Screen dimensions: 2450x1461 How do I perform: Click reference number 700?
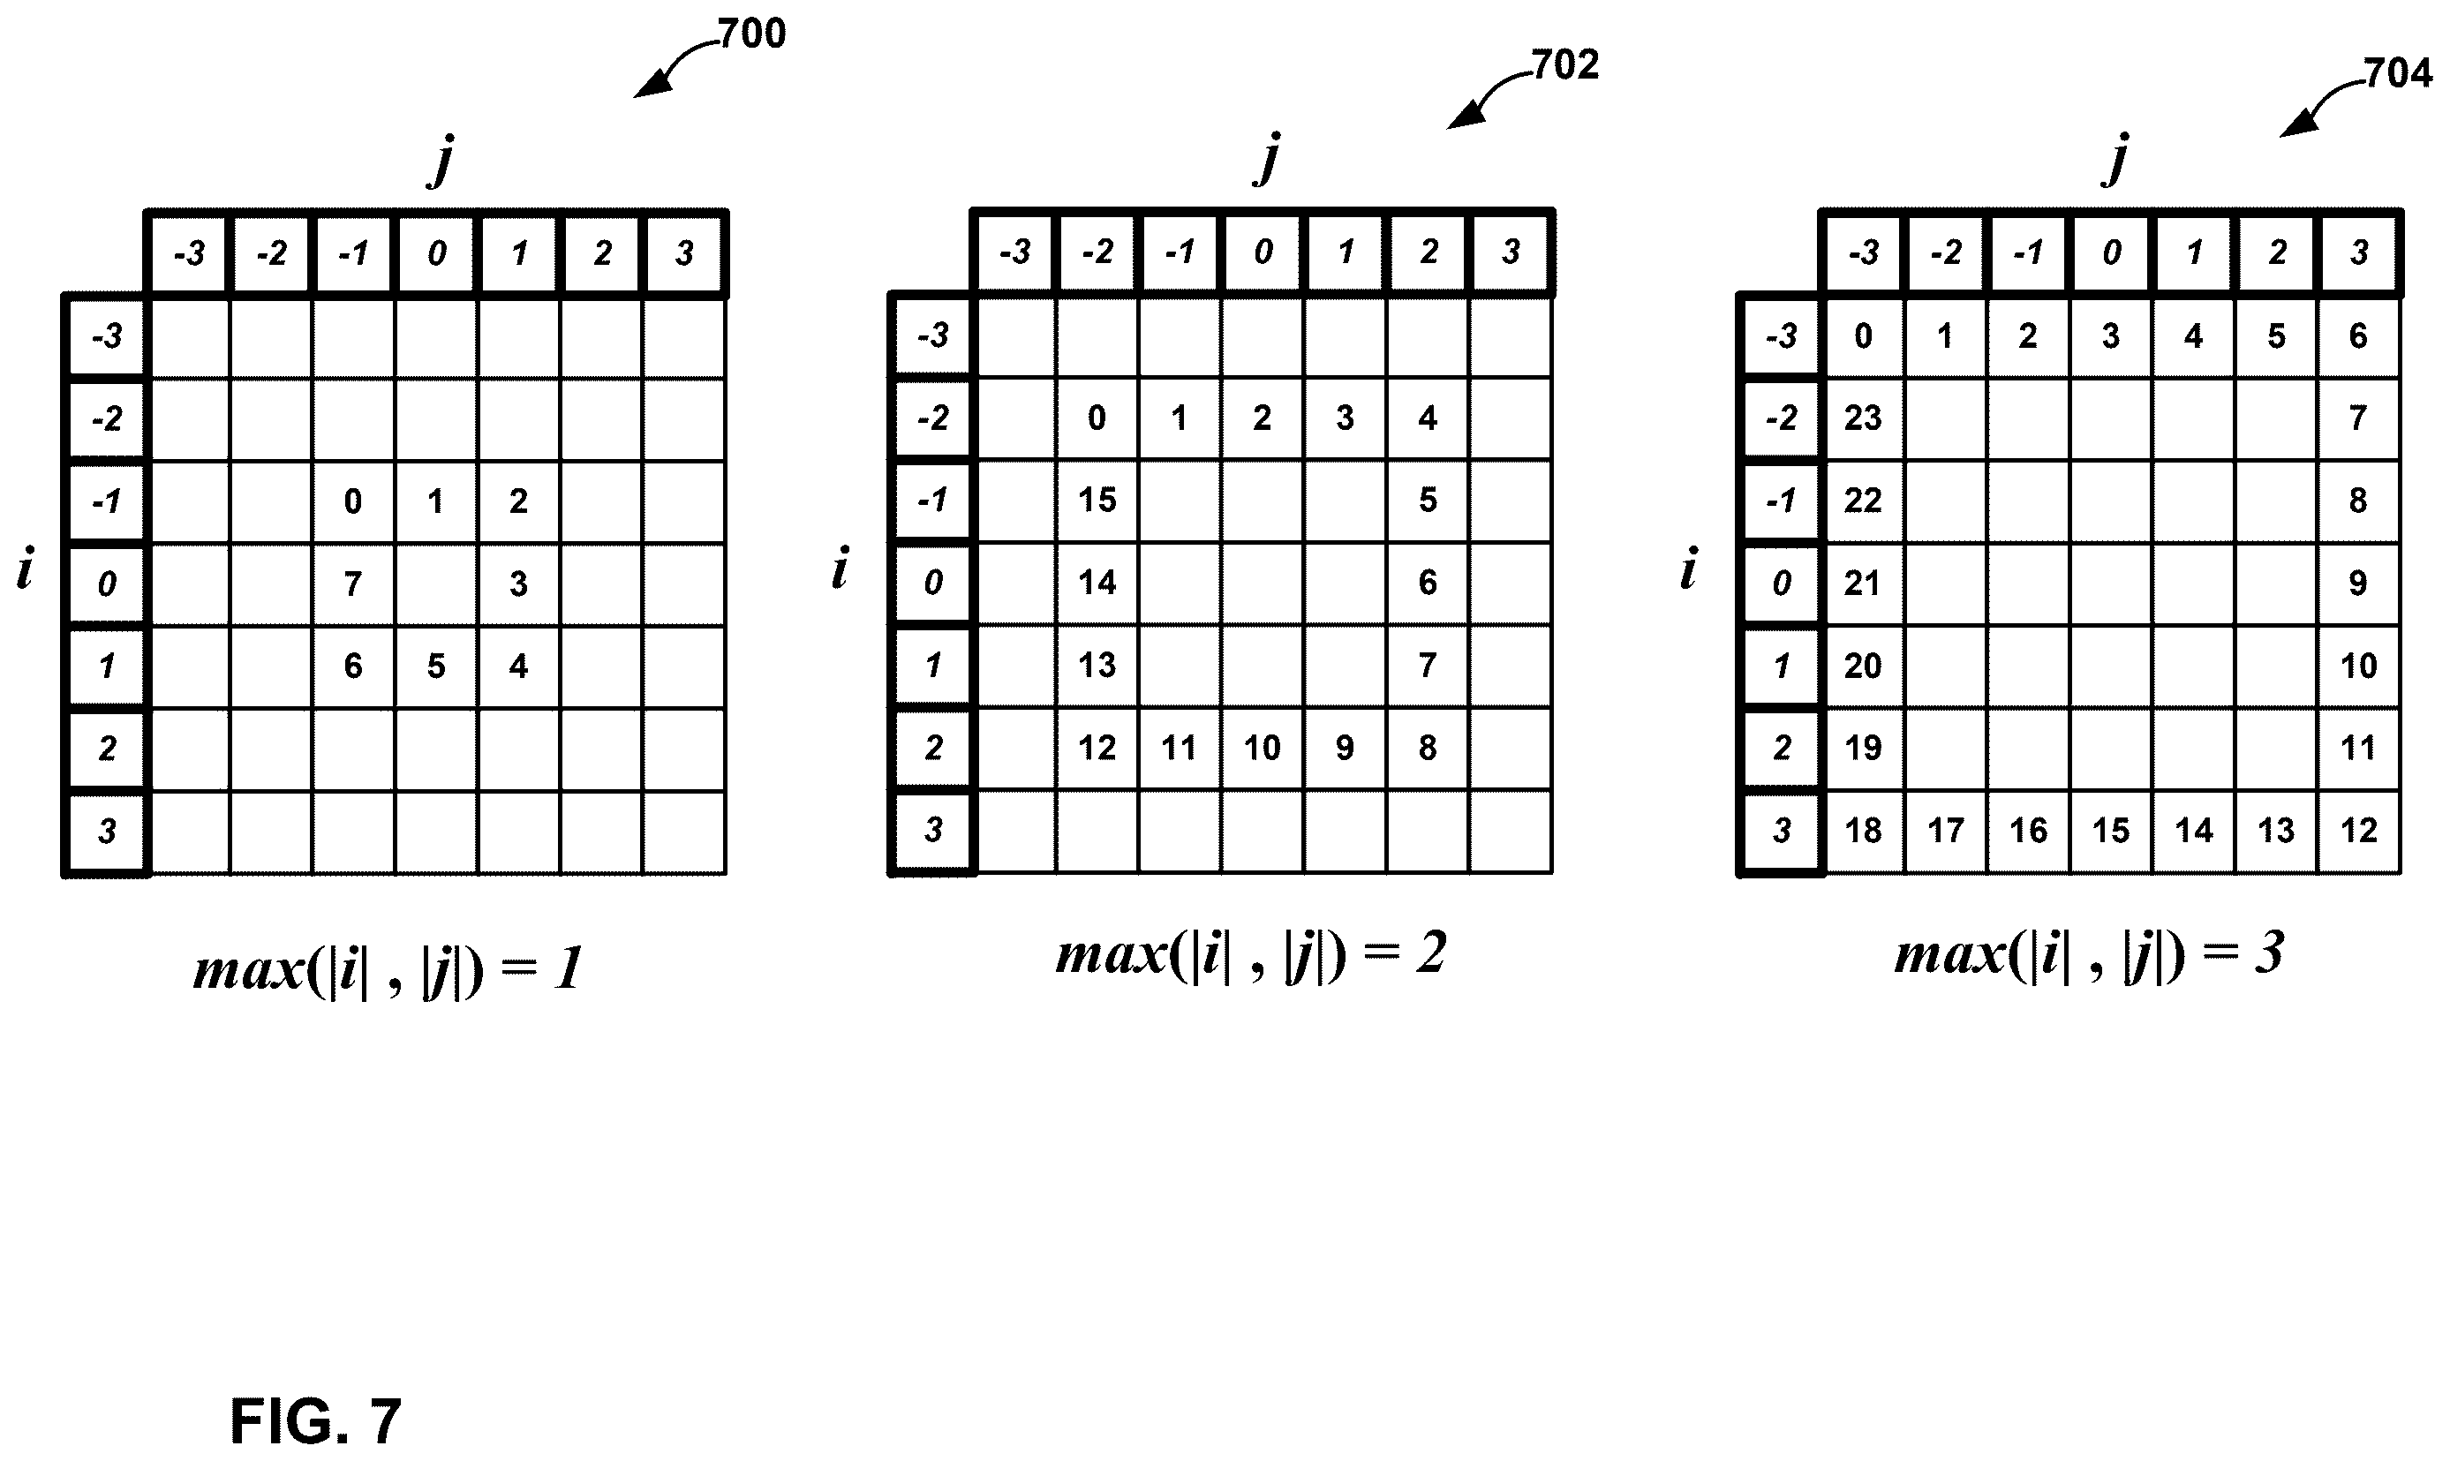tap(752, 34)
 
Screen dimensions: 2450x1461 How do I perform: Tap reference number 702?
tap(1565, 65)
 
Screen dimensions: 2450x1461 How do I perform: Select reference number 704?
tap(2398, 74)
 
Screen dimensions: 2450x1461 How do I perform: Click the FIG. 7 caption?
tap(316, 1420)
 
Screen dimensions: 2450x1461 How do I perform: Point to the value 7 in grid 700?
tap(352, 584)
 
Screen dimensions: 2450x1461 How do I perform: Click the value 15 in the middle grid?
tap(1097, 501)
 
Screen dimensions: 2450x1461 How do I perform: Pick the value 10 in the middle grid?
tap(1262, 749)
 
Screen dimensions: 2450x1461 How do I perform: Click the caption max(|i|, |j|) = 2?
tap(1251, 954)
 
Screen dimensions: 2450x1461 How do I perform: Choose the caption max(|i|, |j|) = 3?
tap(2089, 954)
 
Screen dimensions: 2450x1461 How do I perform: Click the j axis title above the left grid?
tap(442, 161)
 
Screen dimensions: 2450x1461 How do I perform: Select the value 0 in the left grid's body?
tap(352, 501)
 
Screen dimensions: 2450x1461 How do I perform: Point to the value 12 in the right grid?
tap(2358, 830)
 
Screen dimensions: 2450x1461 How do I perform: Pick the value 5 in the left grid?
tap(435, 666)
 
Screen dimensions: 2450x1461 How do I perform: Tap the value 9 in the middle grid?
tap(1345, 749)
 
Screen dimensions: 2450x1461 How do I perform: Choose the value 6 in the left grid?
tap(352, 666)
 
